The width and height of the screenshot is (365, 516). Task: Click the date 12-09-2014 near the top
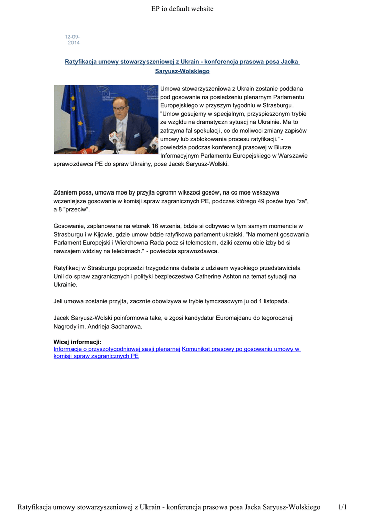[x=72, y=40]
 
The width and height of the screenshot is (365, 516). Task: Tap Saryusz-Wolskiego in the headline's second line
[x=182, y=71]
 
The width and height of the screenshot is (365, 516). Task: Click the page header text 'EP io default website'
[x=182, y=9]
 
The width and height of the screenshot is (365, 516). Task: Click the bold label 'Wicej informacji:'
[x=77, y=342]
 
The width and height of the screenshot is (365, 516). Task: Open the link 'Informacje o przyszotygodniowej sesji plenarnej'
[x=117, y=349]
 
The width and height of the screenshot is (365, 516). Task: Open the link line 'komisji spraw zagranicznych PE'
[x=96, y=356]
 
